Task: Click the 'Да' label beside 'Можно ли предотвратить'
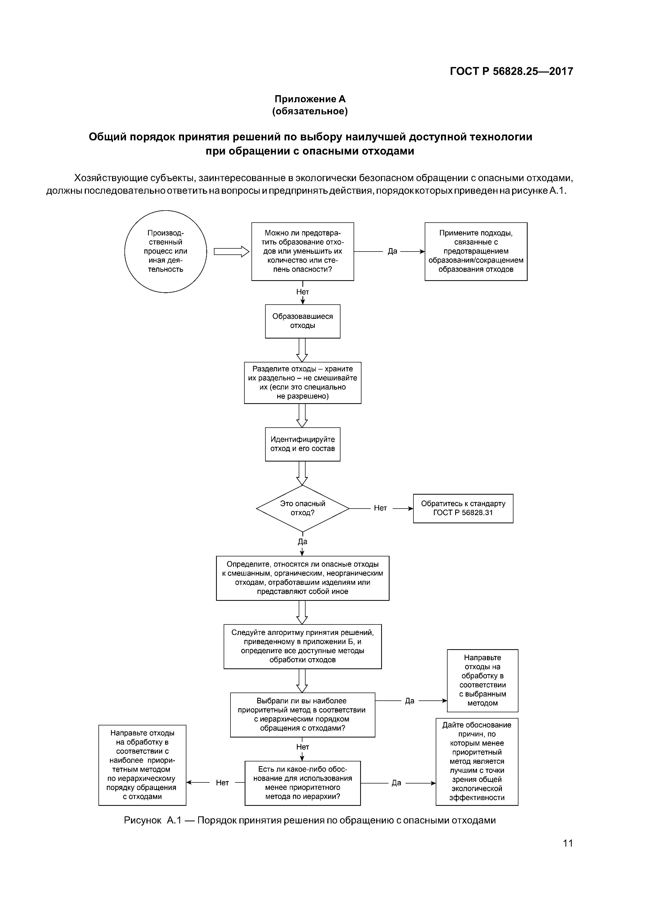click(x=392, y=251)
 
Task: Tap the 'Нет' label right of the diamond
click(x=380, y=508)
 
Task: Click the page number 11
click(x=568, y=851)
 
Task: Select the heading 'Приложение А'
click(x=310, y=99)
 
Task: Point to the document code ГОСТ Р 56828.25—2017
click(x=511, y=71)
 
